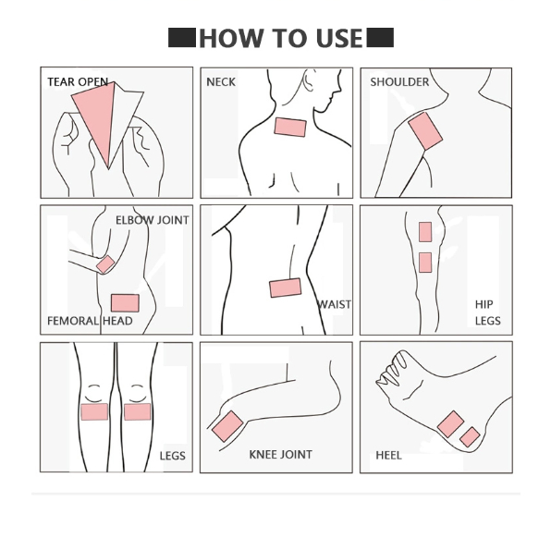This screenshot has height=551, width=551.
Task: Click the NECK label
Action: (x=221, y=82)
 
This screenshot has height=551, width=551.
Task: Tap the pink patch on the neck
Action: (x=290, y=128)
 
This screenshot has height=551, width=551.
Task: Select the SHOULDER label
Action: (x=399, y=82)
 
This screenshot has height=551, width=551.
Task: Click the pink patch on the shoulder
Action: (x=425, y=131)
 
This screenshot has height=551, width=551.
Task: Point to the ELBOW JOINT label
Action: (x=153, y=220)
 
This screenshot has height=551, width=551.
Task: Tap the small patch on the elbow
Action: (x=105, y=264)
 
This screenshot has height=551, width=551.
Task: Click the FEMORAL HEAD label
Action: (x=90, y=321)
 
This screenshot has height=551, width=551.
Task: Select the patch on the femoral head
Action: (x=125, y=303)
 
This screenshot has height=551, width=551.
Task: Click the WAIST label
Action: (x=334, y=304)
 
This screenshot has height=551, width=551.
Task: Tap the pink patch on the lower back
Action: (x=286, y=288)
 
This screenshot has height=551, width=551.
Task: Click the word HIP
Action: (x=484, y=304)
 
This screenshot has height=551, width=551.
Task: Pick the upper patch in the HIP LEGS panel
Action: (x=425, y=232)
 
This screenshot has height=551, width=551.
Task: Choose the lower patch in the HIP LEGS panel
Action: (x=425, y=263)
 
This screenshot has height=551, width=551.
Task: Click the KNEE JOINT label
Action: (x=280, y=455)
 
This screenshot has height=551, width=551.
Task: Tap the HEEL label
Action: (x=388, y=456)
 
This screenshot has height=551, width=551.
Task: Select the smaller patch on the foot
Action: (x=470, y=437)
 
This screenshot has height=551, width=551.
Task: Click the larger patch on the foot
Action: (x=451, y=424)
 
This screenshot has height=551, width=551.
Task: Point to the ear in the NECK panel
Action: (x=308, y=80)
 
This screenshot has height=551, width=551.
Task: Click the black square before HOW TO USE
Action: (x=182, y=38)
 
